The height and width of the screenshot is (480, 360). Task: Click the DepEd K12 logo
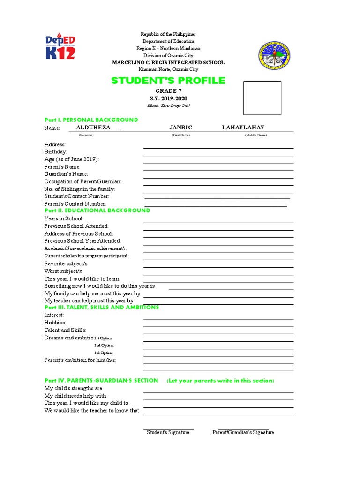[60, 46]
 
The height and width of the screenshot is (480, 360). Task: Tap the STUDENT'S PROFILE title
[168, 81]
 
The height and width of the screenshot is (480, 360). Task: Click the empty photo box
[262, 98]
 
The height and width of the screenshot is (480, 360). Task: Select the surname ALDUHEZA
[93, 127]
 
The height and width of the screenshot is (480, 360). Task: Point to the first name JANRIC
[180, 127]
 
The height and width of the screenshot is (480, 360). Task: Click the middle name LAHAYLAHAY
[243, 127]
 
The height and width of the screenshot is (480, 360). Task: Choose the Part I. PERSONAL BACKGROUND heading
[91, 120]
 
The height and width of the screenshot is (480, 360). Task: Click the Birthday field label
[55, 152]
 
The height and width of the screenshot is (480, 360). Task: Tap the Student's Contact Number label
[77, 196]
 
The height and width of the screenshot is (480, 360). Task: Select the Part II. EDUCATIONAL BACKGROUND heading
[97, 210]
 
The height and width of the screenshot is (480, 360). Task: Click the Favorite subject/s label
[66, 263]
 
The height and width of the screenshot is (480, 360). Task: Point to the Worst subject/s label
[64, 271]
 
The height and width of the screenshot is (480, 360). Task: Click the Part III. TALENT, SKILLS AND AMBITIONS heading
[101, 307]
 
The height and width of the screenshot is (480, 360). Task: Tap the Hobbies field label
[55, 322]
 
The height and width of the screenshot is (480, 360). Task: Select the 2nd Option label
[104, 345]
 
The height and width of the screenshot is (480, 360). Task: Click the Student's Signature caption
[168, 432]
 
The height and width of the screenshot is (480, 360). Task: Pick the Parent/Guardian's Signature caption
[243, 432]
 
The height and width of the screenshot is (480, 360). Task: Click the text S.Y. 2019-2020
[168, 98]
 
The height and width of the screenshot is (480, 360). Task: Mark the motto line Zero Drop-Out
[168, 105]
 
